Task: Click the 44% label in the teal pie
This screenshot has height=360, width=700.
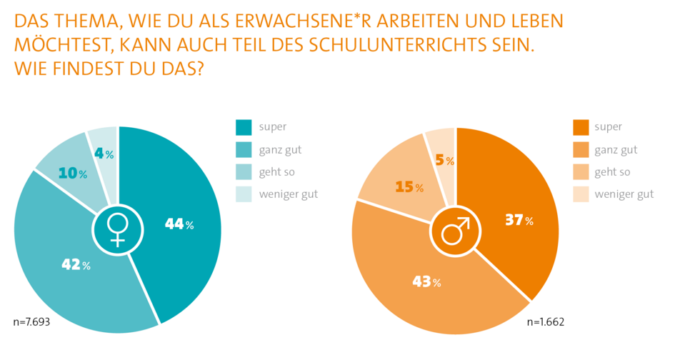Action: point(179,224)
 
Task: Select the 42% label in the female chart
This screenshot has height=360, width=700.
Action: point(75,265)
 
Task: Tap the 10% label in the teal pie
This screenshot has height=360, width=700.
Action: point(72,174)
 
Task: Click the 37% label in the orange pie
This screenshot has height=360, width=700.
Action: point(519,221)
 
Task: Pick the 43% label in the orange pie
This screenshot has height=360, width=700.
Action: point(426,282)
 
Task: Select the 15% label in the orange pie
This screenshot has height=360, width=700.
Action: point(409,187)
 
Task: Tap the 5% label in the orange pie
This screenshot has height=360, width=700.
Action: point(444,161)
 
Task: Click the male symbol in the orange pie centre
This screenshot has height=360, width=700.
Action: point(455,231)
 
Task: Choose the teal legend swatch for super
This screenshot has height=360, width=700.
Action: point(244,127)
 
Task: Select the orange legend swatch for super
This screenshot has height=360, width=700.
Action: point(581,127)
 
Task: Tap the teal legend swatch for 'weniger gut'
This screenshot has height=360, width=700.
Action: point(244,194)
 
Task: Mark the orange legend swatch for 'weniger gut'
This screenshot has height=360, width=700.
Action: point(581,194)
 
